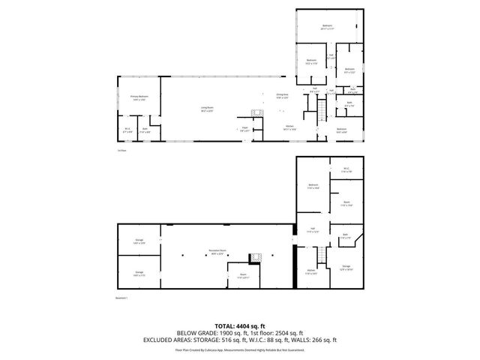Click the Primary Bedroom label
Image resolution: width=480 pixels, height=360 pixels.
(139, 97)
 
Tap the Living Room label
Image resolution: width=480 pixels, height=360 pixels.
(205, 109)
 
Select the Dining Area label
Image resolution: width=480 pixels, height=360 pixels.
(282, 97)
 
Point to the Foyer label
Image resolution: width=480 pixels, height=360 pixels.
(244, 128)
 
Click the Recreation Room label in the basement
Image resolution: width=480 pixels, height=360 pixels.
(218, 251)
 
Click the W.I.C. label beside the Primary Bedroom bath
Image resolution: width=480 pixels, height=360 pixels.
(127, 129)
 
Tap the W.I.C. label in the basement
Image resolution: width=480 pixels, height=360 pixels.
(346, 168)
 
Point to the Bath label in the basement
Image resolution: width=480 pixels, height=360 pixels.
(346, 235)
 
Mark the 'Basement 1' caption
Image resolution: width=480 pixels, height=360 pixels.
(122, 298)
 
